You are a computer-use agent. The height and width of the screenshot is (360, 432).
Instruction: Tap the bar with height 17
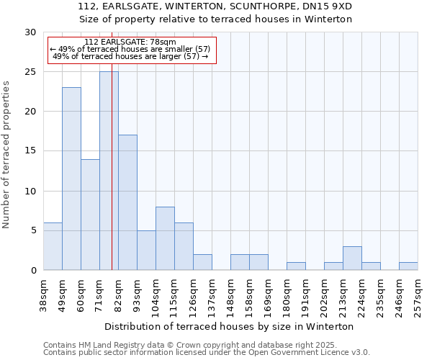pos(127,202)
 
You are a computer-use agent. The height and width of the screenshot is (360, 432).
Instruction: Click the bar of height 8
pos(165,238)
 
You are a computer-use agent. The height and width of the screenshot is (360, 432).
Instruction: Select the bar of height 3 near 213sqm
pos(352,258)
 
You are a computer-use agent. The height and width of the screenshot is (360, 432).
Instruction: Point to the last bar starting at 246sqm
pos(408,266)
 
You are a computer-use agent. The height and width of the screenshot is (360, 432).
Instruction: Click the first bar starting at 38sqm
pos(53,246)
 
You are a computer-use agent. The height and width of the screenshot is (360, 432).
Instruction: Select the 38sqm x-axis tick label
pos(44,295)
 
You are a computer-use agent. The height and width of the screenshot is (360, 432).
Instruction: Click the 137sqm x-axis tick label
pos(212,295)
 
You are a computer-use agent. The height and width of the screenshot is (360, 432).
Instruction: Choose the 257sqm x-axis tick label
pos(418,295)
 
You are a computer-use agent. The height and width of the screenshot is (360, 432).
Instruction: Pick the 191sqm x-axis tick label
pos(306,295)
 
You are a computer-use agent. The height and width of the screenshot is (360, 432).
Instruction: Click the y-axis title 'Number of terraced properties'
pos(7,155)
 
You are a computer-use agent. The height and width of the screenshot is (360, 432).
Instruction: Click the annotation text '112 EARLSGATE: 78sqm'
pos(130,42)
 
